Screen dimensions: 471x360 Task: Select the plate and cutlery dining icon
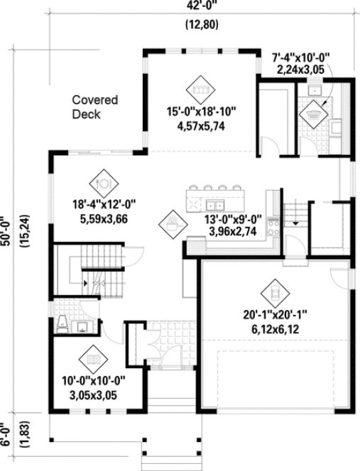point(105,182)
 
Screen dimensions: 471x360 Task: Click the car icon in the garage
point(273,292)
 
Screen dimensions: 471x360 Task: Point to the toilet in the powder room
point(62,324)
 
